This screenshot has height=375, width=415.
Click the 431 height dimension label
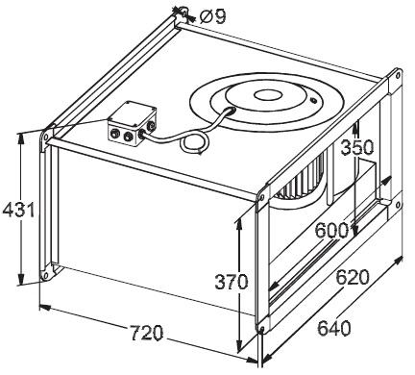[x=18, y=210]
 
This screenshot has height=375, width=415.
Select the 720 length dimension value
[x=147, y=333]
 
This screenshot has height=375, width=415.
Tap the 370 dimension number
[x=232, y=282]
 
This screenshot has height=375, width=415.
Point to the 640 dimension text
[x=334, y=328]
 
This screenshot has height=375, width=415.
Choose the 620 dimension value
[x=353, y=277]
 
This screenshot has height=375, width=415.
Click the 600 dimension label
[x=331, y=230]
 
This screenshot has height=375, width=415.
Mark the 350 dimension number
[x=357, y=147]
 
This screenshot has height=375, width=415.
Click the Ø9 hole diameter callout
[x=212, y=16]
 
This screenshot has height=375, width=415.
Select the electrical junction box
[x=132, y=123]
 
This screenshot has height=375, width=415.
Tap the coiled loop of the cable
[x=194, y=143]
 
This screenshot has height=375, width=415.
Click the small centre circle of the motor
[x=268, y=94]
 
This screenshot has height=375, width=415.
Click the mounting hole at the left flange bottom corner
[x=45, y=275]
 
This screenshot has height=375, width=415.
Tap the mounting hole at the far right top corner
[x=398, y=76]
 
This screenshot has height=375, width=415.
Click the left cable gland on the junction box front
[x=113, y=133]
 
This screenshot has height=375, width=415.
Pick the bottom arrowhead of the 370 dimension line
[x=239, y=347]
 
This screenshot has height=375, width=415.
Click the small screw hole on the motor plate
[x=313, y=101]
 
